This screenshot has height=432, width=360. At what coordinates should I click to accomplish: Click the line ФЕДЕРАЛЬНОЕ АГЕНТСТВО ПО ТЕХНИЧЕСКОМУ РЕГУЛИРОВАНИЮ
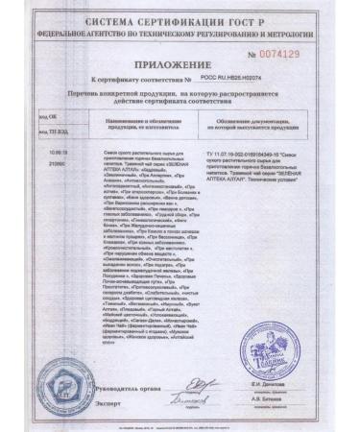[180, 31]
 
